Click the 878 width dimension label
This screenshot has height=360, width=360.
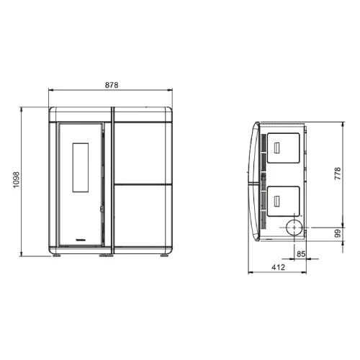(112, 85)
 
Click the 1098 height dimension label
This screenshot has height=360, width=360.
(16, 180)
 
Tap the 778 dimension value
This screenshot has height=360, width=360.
(338, 174)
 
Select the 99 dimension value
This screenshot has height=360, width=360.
(338, 233)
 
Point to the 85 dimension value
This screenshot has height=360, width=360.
(301, 254)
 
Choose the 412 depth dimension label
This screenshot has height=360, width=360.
(278, 267)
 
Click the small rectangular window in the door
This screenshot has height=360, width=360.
(81, 168)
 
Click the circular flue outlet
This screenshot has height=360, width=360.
(294, 227)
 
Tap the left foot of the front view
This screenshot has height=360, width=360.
(56, 256)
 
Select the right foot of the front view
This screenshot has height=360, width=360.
(164, 256)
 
